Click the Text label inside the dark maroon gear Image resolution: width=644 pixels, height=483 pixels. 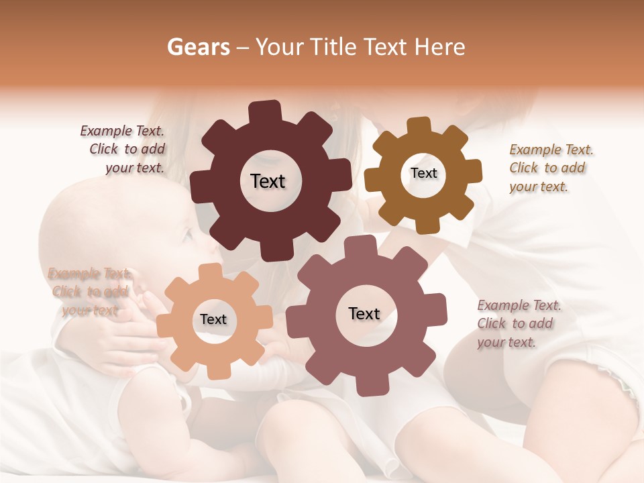pos(268,181)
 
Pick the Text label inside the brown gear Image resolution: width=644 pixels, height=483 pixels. pos(423,173)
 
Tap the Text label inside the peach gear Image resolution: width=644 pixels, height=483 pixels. pos(213,319)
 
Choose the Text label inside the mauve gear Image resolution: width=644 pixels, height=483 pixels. pos(364,313)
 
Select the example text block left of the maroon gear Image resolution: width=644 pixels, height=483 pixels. pos(124,150)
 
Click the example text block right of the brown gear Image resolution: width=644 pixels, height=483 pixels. pos(550,168)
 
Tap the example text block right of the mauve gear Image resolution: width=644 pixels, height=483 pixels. pos(518,323)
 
